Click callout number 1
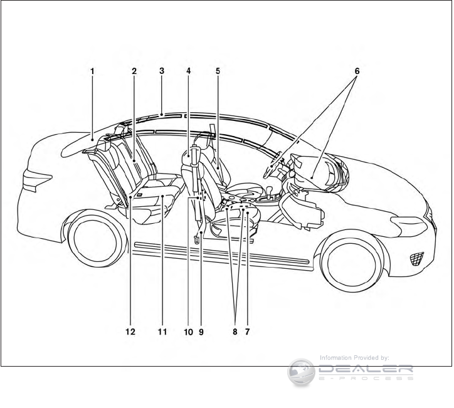[x=92, y=71]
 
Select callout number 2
[x=134, y=71]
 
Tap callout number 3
[x=162, y=71]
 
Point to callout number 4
[x=188, y=71]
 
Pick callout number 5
[x=218, y=71]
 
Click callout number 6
[x=357, y=71]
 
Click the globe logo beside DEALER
[x=301, y=372]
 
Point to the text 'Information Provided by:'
[x=355, y=358]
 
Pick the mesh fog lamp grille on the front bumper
[x=416, y=258]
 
